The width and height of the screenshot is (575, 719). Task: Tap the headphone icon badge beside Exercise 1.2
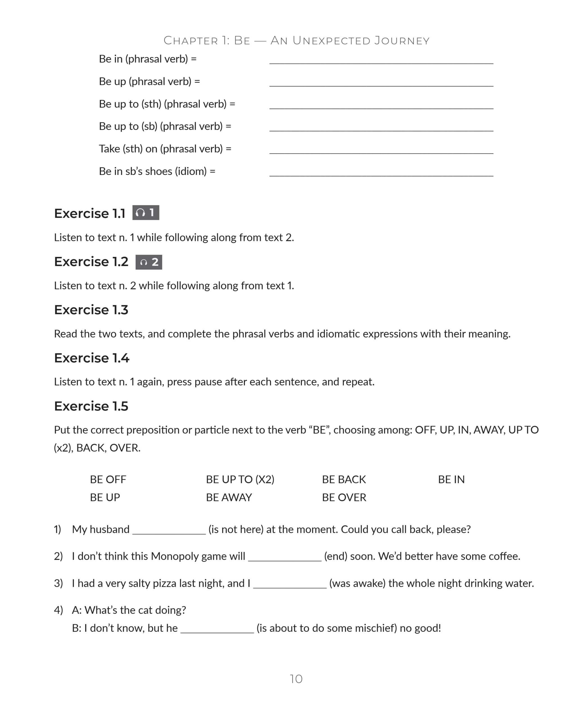coord(149,262)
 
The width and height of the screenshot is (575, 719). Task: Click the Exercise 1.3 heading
coord(91,310)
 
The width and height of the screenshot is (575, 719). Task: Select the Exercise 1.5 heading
coord(91,406)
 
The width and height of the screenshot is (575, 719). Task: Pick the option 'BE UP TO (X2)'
coord(240,479)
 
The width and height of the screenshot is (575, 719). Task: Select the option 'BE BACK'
coord(344,479)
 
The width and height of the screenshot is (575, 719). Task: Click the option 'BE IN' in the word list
coord(451,479)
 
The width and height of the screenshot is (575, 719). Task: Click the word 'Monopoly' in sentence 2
coord(173,556)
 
